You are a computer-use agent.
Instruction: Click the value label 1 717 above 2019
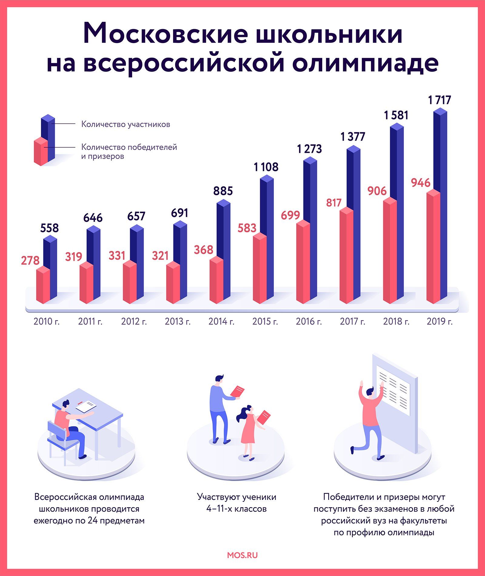click(x=440, y=100)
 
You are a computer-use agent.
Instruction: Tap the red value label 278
click(x=30, y=260)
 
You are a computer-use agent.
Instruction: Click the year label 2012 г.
click(x=134, y=321)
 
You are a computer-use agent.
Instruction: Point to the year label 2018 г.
click(x=396, y=321)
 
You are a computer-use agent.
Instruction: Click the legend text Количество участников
click(x=125, y=124)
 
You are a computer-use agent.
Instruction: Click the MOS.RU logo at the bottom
click(x=242, y=555)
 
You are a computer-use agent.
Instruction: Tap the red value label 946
click(x=420, y=183)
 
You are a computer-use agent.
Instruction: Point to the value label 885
click(x=223, y=191)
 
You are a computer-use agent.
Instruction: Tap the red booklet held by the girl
click(x=263, y=417)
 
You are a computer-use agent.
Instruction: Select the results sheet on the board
click(x=393, y=390)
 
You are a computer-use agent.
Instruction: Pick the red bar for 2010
click(x=43, y=285)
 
